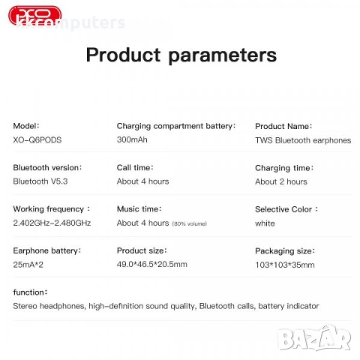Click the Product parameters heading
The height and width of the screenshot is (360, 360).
(x=181, y=55)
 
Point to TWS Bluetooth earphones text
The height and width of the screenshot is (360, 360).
(x=302, y=140)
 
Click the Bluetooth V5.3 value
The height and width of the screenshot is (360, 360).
(x=42, y=181)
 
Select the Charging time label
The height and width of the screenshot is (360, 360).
(x=283, y=168)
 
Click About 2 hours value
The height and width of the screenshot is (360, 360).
(x=280, y=181)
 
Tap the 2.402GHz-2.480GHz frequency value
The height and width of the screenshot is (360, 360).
(x=52, y=223)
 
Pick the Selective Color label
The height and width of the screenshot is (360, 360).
(x=286, y=209)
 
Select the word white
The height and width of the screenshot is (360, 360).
(x=265, y=223)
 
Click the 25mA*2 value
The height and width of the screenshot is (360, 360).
(x=29, y=264)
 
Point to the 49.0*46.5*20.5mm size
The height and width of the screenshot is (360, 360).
(x=151, y=264)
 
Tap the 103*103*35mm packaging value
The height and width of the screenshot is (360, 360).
(x=285, y=264)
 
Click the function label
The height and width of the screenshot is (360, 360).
(x=30, y=292)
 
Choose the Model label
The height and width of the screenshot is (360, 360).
(x=26, y=127)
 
